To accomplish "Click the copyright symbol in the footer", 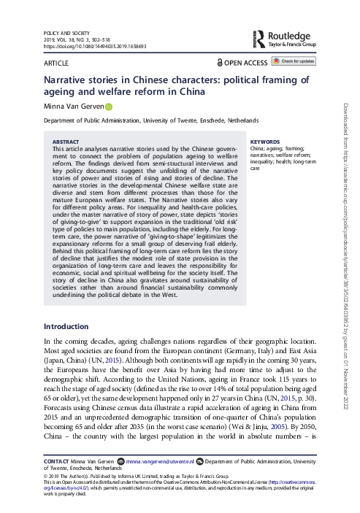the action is (47, 475).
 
